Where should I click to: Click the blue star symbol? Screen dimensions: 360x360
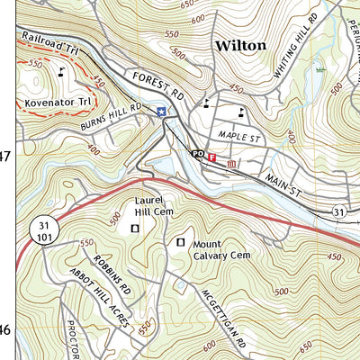[161, 112]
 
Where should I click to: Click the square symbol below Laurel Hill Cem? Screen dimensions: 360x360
[136, 229]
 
